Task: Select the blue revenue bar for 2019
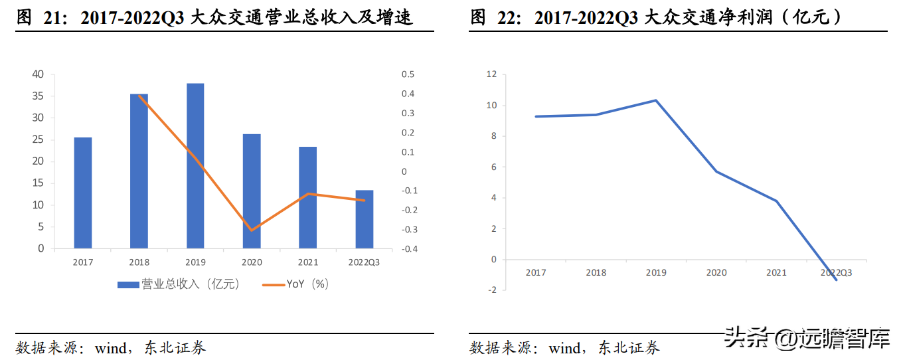click(195, 166)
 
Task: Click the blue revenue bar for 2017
click(82, 193)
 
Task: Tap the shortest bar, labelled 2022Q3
click(364, 219)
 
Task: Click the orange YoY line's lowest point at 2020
click(252, 230)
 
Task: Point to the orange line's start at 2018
click(139, 96)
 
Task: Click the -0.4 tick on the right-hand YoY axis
click(409, 249)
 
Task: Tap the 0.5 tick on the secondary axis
click(408, 74)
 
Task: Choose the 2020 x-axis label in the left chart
click(252, 262)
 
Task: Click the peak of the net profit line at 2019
click(656, 100)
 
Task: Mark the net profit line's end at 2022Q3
click(837, 280)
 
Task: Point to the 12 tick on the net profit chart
click(491, 74)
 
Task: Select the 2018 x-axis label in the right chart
click(596, 273)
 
